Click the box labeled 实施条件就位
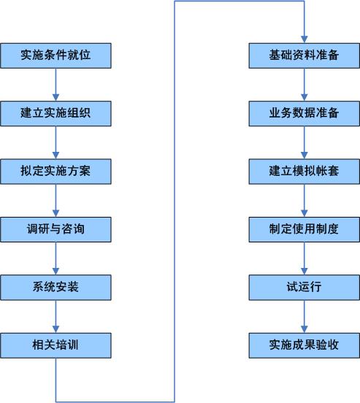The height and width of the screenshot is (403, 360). pos(55,55)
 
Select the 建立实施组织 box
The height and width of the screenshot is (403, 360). pos(55,114)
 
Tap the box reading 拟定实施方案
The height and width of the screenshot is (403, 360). pos(55,172)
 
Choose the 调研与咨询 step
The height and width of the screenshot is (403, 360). pos(55,229)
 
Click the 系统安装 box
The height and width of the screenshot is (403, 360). pos(55,288)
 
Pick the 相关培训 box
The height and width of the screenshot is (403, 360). pos(55,345)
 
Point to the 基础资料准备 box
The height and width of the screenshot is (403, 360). pos(305,55)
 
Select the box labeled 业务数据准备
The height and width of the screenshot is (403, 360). pos(305,114)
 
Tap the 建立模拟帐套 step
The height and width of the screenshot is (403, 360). pos(305,172)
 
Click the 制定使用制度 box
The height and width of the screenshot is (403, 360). pos(305,229)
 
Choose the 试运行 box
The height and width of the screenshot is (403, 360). pos(305,288)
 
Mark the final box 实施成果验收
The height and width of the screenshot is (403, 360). pos(305,345)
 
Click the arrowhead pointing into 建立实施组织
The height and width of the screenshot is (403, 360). pos(55,98)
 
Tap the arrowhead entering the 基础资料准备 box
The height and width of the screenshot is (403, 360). pos(305,39)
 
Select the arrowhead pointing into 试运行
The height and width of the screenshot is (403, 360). pos(305,272)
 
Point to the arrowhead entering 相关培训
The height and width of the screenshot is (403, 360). pos(55,329)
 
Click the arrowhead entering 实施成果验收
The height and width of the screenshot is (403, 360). pos(305,329)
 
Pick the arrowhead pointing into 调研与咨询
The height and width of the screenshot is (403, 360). pos(55,213)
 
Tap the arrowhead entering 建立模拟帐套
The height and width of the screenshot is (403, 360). pos(305,156)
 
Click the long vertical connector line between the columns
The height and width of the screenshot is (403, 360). pos(175,201)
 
